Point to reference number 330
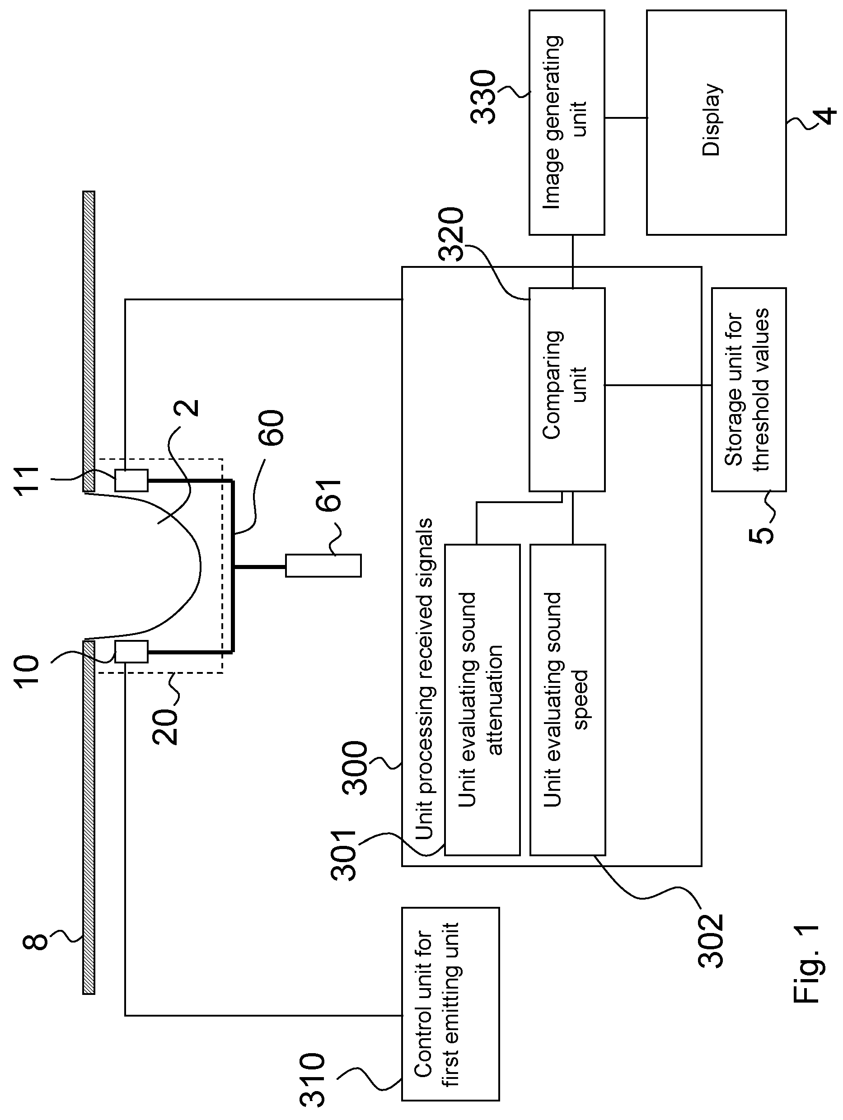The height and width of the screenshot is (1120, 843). [483, 97]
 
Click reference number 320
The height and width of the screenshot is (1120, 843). [452, 234]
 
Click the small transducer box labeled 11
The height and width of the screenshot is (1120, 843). [131, 480]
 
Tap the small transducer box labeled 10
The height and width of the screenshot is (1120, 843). [131, 651]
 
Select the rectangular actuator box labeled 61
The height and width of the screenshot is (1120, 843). [323, 565]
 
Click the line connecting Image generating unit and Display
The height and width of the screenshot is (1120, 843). [626, 118]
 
